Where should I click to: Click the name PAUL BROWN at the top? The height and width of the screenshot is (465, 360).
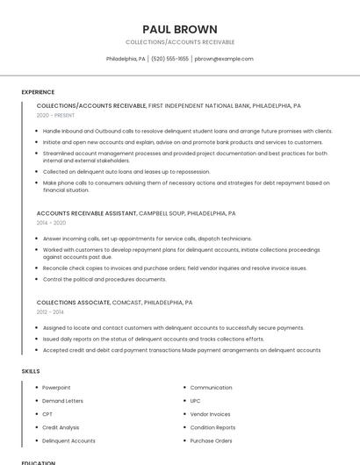[x=180, y=29]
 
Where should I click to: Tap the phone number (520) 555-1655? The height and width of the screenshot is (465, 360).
[x=169, y=59]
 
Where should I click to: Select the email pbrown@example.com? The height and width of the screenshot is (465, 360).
[x=224, y=59]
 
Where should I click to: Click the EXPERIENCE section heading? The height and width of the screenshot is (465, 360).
[x=38, y=92]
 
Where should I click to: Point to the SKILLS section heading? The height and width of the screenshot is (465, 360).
[x=31, y=371]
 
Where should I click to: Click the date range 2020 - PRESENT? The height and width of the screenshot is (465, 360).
[x=56, y=115]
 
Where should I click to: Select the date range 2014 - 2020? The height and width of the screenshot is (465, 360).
[x=51, y=223]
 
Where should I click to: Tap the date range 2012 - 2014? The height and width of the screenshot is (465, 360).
[x=50, y=311]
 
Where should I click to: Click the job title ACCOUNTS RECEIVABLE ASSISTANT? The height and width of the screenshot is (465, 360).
[x=86, y=213]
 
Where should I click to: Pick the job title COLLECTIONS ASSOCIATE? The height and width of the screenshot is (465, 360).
[x=74, y=302]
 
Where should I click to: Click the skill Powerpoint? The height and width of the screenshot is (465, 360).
[x=56, y=387]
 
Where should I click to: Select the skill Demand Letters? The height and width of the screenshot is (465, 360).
[x=62, y=401]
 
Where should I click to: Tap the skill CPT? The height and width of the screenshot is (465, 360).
[x=47, y=414]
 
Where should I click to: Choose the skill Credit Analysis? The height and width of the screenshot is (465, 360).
[x=61, y=427]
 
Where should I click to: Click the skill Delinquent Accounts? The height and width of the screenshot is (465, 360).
[x=68, y=440]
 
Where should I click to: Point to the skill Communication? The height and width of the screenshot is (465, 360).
[x=211, y=387]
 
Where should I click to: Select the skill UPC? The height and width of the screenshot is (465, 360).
[x=196, y=401]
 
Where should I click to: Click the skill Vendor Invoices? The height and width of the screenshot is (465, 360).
[x=210, y=414]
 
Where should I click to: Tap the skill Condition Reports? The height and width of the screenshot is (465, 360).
[x=212, y=427]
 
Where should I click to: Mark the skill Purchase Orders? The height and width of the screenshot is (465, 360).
[x=211, y=440]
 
